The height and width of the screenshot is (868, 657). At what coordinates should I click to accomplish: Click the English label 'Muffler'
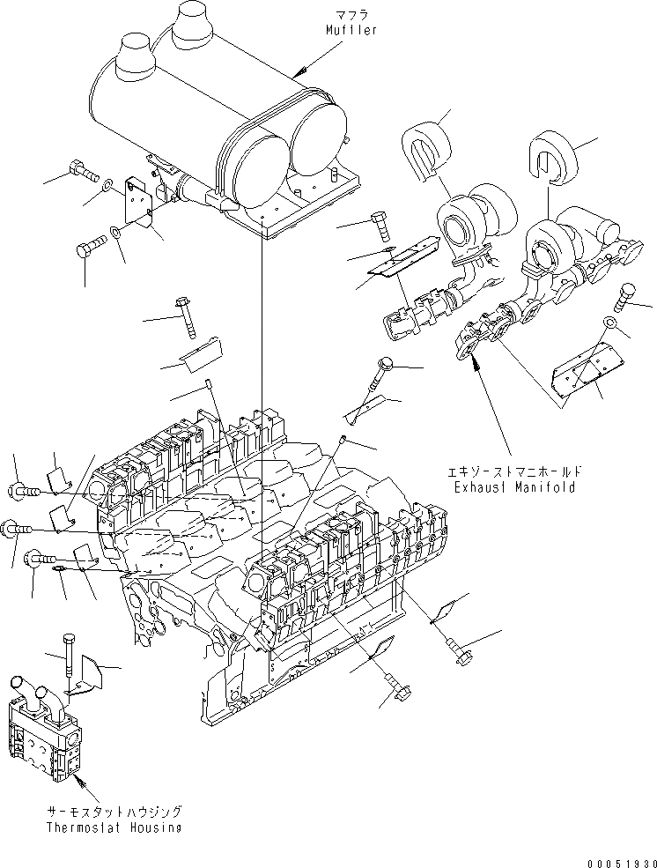coord(351,30)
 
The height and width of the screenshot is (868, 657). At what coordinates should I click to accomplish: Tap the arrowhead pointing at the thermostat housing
coord(77,775)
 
